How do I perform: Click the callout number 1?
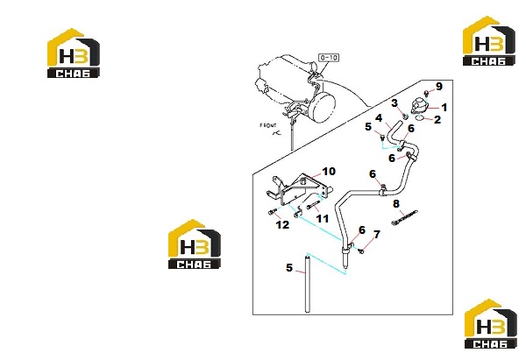[444, 108]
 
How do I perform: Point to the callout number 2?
[437, 120]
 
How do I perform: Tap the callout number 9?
[439, 86]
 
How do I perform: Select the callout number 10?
[329, 172]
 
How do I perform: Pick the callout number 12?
[282, 224]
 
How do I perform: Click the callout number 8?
[396, 203]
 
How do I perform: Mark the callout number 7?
[377, 234]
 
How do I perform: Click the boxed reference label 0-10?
[329, 58]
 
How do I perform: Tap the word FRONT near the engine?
[268, 126]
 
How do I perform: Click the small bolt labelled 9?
[427, 92]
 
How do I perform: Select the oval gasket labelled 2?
[419, 117]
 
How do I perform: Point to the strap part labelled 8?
[404, 217]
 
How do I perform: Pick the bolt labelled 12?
[273, 211]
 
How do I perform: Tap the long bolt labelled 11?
[312, 206]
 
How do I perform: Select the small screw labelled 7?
[361, 251]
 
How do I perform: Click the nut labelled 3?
[405, 116]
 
